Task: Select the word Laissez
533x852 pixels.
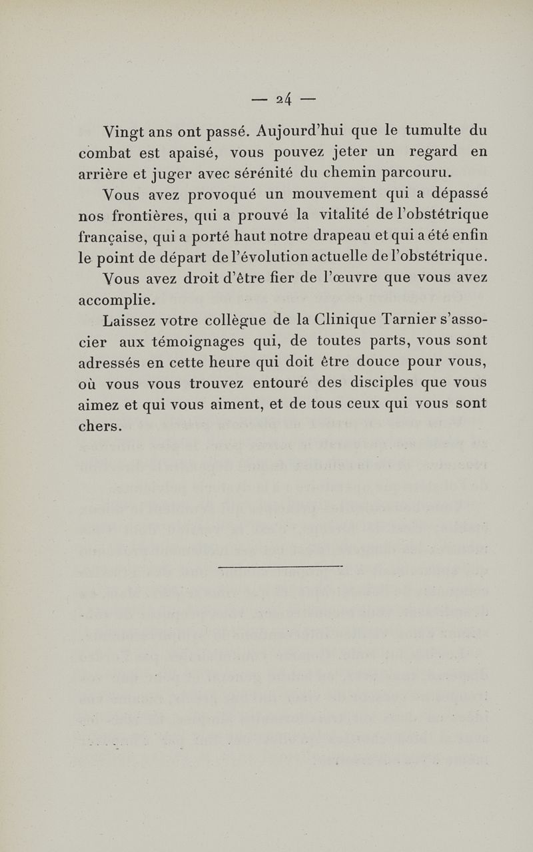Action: pos(130,321)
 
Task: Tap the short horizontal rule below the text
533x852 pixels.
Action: pos(280,566)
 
